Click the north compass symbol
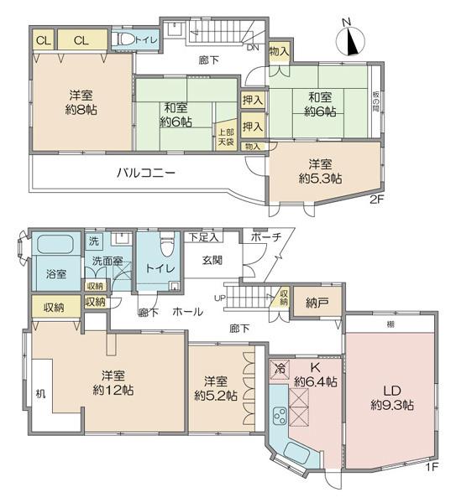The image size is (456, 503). click(x=350, y=40)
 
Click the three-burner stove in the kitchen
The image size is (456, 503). click(x=280, y=417)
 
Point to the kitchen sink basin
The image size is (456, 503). click(x=297, y=453)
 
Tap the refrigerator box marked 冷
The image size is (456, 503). click(x=280, y=369)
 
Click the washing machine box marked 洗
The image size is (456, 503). click(x=94, y=241)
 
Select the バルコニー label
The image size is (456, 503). click(x=145, y=174)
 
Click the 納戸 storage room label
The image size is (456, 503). click(x=316, y=303)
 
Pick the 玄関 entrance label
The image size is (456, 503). click(x=212, y=260)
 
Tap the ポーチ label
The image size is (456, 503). click(x=266, y=237)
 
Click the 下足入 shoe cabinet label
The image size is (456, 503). click(x=203, y=237)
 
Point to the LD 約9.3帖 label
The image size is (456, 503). click(x=392, y=398)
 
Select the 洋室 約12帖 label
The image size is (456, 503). click(x=113, y=383)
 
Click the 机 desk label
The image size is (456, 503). click(x=40, y=394)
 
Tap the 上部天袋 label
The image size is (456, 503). click(x=226, y=137)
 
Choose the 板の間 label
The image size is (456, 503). click(x=375, y=101)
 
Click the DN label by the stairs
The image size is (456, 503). click(x=253, y=48)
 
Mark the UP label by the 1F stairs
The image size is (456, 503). click(x=220, y=298)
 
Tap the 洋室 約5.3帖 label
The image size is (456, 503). click(x=320, y=171)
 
